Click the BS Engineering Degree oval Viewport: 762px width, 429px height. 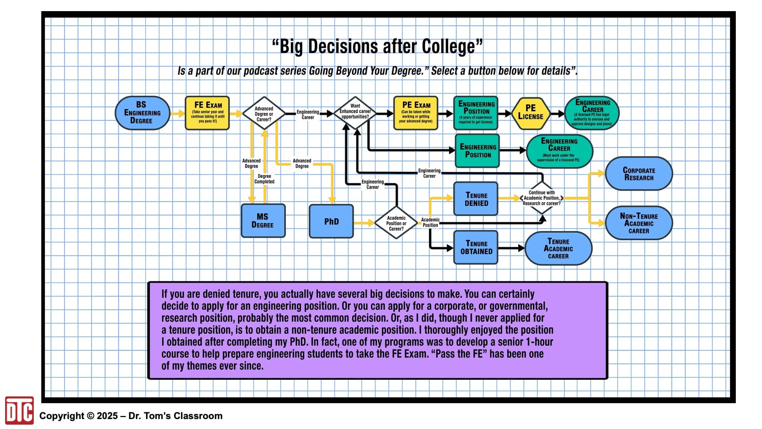142,113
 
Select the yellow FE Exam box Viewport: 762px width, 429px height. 207,113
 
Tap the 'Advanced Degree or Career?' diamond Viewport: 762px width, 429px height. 264,114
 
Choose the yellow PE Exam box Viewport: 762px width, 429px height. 416,113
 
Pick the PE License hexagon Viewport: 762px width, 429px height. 531,113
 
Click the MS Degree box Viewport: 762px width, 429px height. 263,221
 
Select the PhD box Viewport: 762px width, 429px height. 331,221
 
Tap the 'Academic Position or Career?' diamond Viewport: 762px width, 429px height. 396,223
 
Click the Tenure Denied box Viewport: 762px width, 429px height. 476,199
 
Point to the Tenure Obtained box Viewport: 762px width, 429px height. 476,247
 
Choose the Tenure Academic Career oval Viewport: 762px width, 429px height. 558,248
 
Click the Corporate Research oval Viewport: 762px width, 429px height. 639,174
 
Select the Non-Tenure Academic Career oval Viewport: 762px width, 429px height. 639,223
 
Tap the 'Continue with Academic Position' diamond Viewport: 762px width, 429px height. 542,198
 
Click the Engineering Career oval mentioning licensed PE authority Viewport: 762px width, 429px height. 592,113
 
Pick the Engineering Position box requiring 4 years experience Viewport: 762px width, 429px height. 476,113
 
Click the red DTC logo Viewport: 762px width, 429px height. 19,410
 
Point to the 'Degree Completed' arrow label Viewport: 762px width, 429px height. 264,179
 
